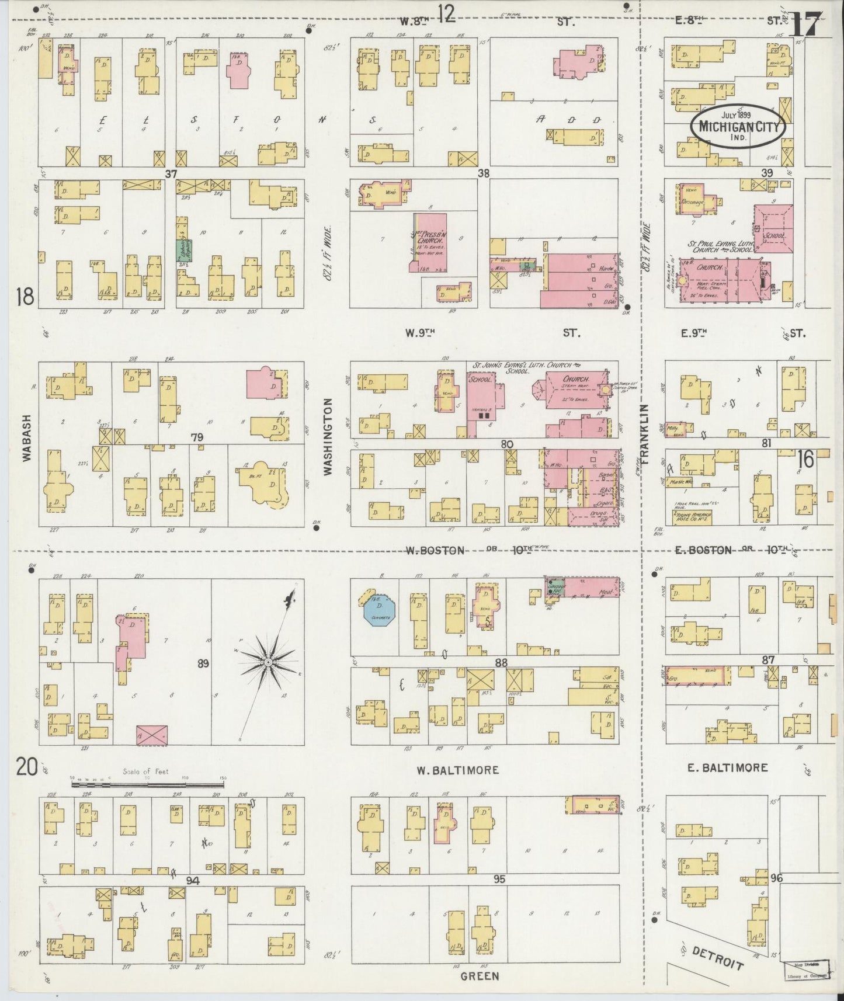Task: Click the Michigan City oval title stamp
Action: (738, 126)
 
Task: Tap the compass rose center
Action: (267, 662)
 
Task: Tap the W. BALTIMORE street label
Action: (458, 770)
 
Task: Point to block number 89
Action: (203, 663)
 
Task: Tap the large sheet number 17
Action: (807, 25)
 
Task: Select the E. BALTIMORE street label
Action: (727, 767)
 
